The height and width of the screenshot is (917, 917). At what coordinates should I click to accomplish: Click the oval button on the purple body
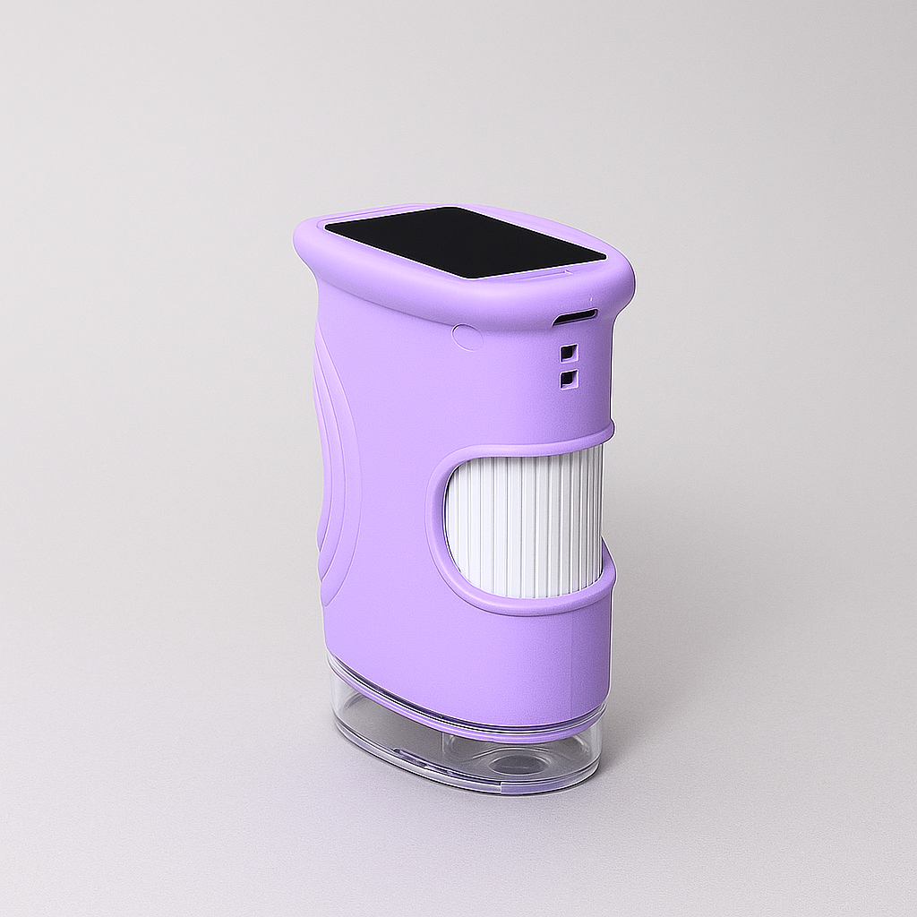pyautogui.click(x=467, y=337)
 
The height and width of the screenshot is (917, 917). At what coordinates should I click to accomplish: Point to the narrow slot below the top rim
pyautogui.click(x=575, y=317)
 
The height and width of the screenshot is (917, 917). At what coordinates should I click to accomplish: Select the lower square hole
pyautogui.click(x=568, y=380)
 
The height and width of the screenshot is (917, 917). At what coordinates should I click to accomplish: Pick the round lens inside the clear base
pyautogui.click(x=515, y=763)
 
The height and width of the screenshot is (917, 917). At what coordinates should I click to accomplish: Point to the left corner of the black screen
pyautogui.click(x=326, y=227)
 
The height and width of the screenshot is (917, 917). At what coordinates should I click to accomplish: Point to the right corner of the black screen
pyautogui.click(x=605, y=262)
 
